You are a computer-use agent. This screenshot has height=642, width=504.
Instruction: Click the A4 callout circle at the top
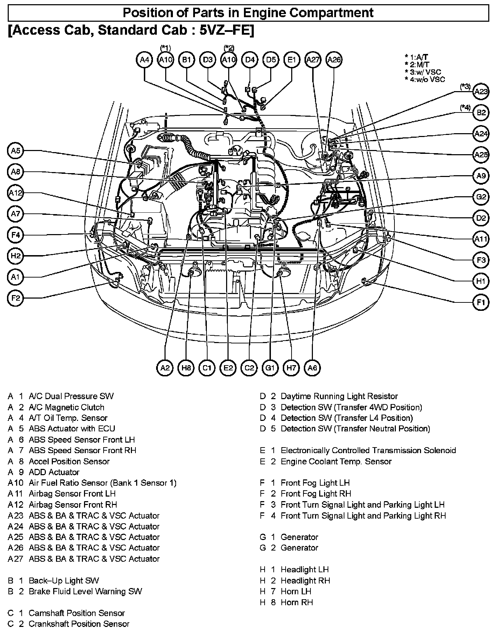(145, 60)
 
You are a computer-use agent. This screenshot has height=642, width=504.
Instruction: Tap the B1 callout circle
(187, 60)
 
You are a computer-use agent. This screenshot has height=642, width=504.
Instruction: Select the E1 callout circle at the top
(292, 60)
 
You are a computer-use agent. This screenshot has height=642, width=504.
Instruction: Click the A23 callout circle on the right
(481, 92)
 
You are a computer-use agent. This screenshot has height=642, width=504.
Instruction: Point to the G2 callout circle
(481, 197)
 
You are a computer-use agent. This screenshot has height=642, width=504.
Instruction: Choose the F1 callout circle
(481, 302)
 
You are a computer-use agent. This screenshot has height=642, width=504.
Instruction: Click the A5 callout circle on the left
(15, 151)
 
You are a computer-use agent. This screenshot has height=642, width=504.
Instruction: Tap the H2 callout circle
(15, 256)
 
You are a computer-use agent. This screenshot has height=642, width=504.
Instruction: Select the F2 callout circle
(15, 298)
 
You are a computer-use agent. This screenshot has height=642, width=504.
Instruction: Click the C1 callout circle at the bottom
(207, 368)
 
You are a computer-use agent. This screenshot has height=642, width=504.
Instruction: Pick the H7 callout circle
(291, 368)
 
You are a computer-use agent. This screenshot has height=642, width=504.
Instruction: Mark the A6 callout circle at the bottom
(312, 368)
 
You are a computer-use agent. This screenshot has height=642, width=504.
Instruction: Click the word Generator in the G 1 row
(299, 537)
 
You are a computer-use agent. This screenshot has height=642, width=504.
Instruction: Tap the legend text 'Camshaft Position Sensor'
(77, 613)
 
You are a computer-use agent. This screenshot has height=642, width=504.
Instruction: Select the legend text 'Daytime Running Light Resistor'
(339, 396)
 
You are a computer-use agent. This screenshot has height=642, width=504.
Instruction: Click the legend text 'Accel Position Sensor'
(69, 461)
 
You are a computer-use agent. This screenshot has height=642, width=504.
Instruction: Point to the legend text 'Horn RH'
(297, 602)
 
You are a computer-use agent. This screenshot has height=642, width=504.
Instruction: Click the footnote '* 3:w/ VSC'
(423, 72)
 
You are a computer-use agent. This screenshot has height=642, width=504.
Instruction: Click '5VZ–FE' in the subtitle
(226, 30)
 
